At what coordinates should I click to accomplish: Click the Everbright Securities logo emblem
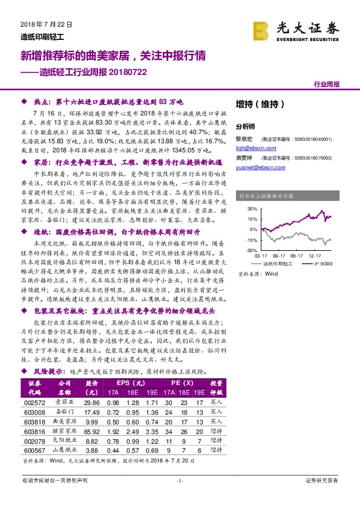[x=261, y=30]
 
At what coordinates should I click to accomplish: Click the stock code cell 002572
[x=35, y=402]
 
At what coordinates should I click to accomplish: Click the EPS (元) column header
[x=131, y=383]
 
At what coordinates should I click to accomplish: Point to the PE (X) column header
[x=182, y=383]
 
